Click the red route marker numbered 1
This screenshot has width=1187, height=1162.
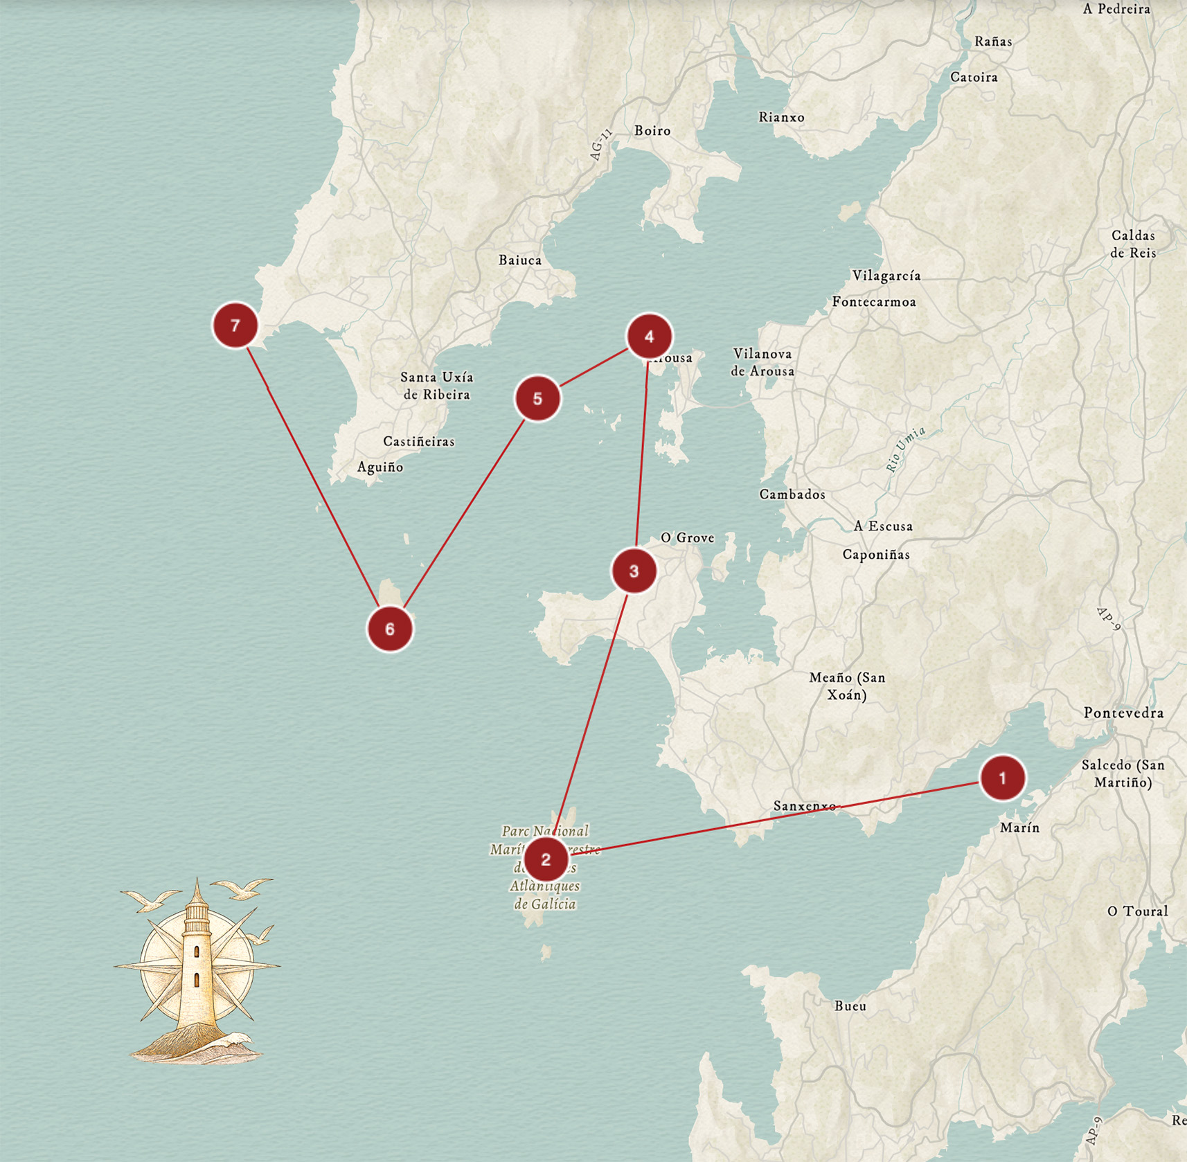(1002, 778)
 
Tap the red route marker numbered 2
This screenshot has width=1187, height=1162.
(546, 859)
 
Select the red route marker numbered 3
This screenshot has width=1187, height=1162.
(634, 571)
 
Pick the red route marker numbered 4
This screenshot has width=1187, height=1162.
(649, 337)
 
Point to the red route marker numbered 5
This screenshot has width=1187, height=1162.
(537, 399)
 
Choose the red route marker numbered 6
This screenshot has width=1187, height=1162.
(390, 629)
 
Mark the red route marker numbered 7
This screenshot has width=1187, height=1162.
(235, 325)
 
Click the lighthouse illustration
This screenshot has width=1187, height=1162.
(197, 973)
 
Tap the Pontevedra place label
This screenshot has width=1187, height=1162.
(1123, 713)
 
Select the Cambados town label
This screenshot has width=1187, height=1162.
(792, 494)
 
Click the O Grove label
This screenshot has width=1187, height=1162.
(687, 537)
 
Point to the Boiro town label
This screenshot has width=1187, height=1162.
(652, 130)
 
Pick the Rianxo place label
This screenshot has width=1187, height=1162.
(781, 117)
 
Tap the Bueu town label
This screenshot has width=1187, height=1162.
(850, 1005)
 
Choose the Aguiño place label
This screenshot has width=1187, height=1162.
(380, 467)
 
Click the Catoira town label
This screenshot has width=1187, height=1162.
(974, 77)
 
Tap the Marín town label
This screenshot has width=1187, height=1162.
(1019, 828)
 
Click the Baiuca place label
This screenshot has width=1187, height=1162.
(520, 260)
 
